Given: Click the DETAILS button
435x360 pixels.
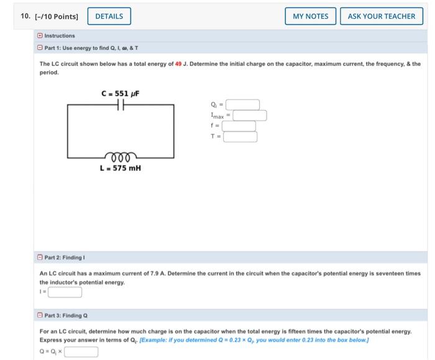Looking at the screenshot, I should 109,16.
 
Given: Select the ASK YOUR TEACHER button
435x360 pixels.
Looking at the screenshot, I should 381,16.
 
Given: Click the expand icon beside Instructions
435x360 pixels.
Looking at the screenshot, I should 40,35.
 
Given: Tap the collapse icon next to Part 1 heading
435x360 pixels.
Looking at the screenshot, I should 40,47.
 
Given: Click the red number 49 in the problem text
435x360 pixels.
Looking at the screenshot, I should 178,64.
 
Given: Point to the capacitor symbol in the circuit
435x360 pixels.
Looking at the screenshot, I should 121,106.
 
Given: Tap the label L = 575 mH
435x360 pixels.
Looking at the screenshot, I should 120,168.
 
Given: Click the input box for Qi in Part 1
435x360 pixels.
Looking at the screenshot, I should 242,104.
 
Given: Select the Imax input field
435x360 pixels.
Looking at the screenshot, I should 249,115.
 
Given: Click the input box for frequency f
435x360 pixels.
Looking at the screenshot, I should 239,126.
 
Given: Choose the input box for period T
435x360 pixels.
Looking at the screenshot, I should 240,137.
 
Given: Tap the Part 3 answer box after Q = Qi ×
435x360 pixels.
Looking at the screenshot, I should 81,351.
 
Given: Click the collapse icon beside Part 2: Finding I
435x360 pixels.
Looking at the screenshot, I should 40,257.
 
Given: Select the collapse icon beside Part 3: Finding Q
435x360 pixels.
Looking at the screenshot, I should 40,315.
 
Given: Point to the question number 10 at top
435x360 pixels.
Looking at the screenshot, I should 25,16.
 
